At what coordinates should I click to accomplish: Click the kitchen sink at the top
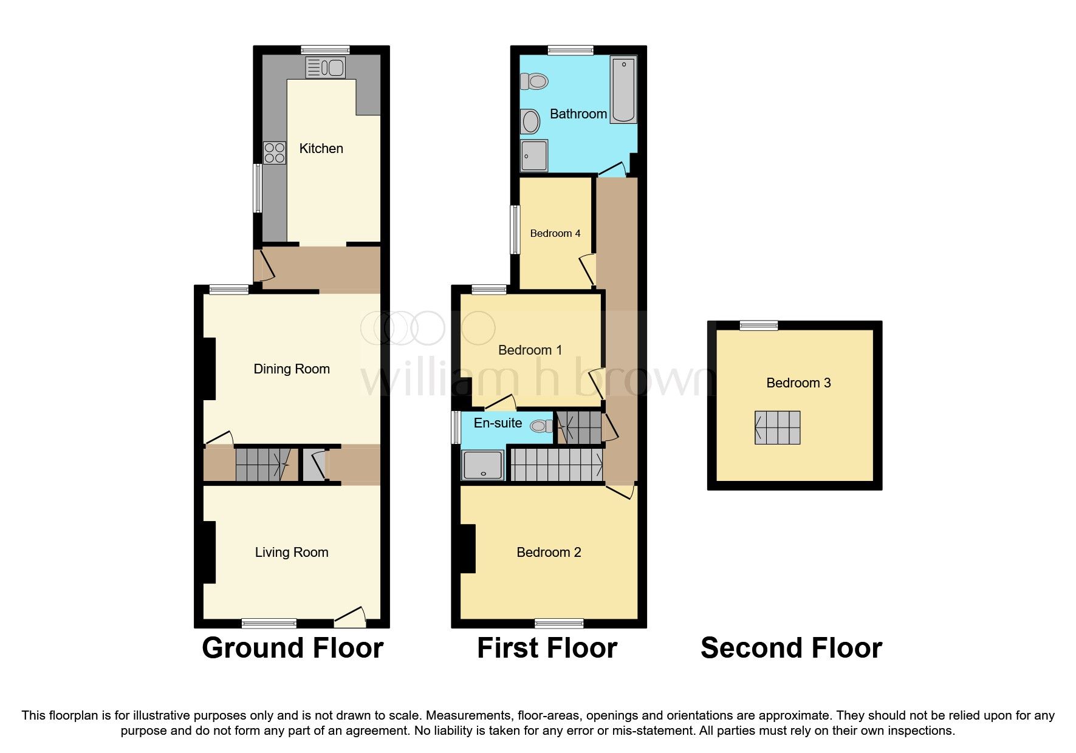click(326, 68)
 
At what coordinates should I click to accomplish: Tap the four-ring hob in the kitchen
click(274, 152)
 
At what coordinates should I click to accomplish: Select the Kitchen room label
click(321, 149)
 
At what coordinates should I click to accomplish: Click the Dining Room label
click(291, 369)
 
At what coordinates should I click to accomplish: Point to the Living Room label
click(291, 553)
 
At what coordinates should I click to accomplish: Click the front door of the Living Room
click(349, 618)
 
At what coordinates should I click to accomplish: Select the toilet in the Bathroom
click(534, 81)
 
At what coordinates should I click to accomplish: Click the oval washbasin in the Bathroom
click(530, 121)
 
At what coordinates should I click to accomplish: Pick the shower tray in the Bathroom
click(534, 156)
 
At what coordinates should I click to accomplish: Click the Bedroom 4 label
click(555, 234)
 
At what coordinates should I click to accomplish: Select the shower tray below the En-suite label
click(483, 465)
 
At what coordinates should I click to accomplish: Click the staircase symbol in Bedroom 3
click(777, 428)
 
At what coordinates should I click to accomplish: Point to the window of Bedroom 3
click(758, 326)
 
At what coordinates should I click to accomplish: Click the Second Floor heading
click(790, 648)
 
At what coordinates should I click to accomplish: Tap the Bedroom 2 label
click(548, 553)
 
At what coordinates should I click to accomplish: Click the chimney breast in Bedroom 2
click(467, 549)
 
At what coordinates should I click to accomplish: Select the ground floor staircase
click(261, 465)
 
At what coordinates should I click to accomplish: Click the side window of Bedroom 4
click(515, 230)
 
